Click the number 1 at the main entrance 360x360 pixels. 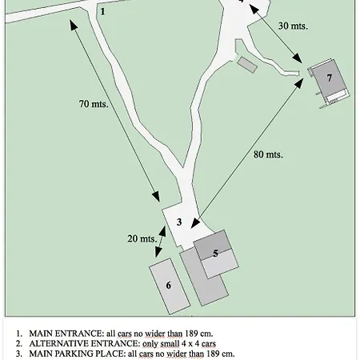click(x=102, y=11)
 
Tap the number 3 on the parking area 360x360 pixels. click(x=179, y=222)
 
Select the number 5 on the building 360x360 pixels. click(x=215, y=253)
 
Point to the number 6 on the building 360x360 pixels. click(x=169, y=285)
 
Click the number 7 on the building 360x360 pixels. click(x=329, y=78)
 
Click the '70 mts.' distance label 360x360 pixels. click(x=94, y=104)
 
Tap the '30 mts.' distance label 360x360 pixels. click(x=293, y=26)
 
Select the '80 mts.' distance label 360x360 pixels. click(x=268, y=154)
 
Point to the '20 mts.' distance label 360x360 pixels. click(x=142, y=238)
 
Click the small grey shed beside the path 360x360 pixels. click(x=246, y=63)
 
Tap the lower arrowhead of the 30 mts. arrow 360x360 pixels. click(x=299, y=62)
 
